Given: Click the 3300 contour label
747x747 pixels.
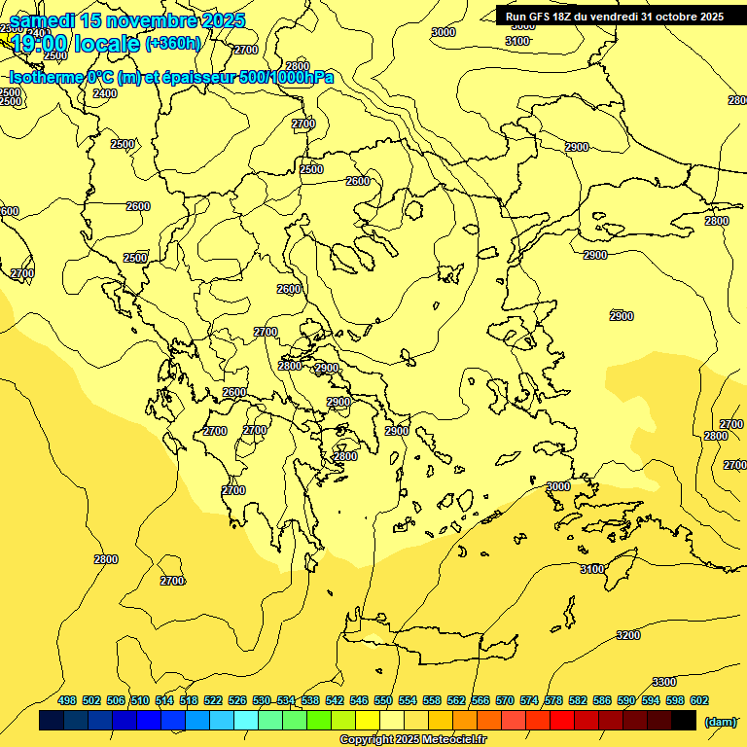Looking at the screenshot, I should pyautogui.click(x=664, y=682).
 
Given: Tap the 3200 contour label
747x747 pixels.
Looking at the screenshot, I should pyautogui.click(x=628, y=635).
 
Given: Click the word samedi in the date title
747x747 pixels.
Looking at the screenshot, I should pyautogui.click(x=44, y=20).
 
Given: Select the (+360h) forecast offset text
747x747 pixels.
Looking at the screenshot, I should pyautogui.click(x=173, y=43).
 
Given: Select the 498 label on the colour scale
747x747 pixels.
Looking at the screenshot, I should pyautogui.click(x=67, y=701).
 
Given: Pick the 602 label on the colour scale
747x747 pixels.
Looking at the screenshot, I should pyautogui.click(x=699, y=701).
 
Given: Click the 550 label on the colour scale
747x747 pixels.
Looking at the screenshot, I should pyautogui.click(x=383, y=701).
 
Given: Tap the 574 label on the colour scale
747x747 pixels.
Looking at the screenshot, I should pyautogui.click(x=529, y=701).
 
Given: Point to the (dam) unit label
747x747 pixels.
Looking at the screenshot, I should pyautogui.click(x=721, y=722).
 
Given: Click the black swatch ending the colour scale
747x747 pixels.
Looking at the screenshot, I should pyautogui.click(x=684, y=721).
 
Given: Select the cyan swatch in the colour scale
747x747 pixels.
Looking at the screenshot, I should pyautogui.click(x=246, y=721).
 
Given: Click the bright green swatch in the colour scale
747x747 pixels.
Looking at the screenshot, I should pyautogui.click(x=319, y=721).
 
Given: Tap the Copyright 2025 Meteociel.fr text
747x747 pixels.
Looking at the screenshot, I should pyautogui.click(x=412, y=740).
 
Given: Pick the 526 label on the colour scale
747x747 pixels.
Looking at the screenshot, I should pyautogui.click(x=237, y=701).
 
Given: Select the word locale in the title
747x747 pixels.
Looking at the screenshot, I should pyautogui.click(x=109, y=43).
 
